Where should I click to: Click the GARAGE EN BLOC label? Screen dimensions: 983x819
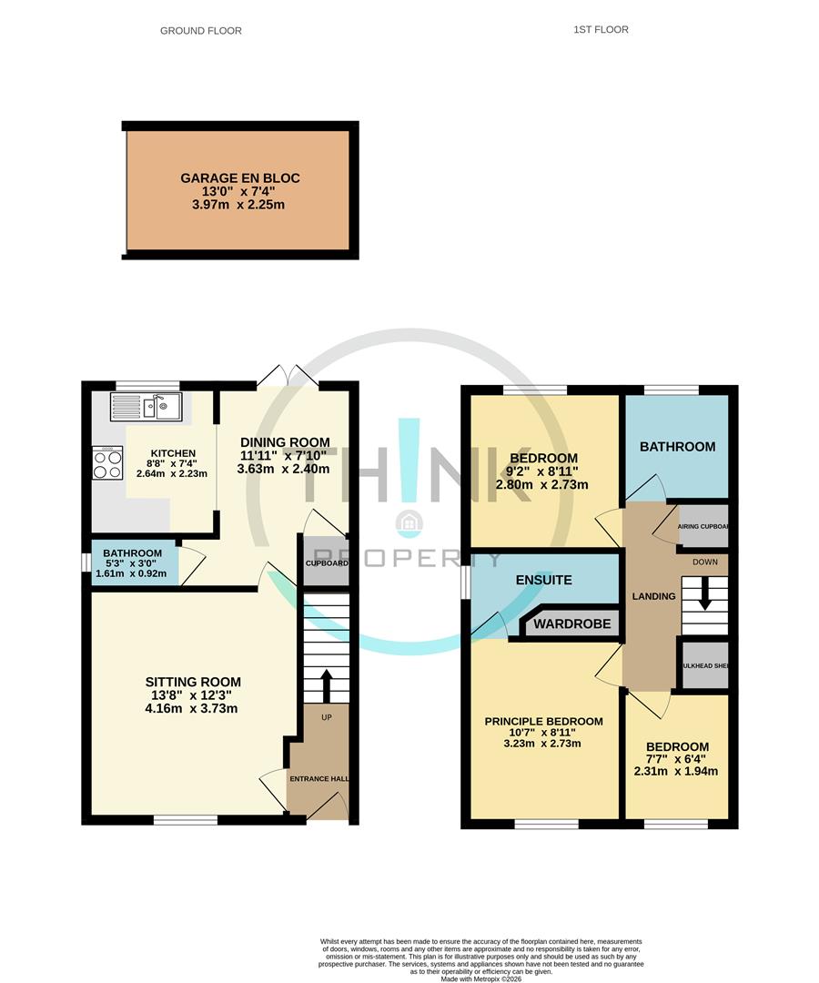[240, 178]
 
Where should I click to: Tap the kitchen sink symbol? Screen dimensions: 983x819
[147, 407]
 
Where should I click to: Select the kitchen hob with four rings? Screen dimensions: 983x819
[107, 464]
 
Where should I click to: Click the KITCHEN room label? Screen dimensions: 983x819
[172, 453]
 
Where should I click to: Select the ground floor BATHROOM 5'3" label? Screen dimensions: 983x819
[132, 553]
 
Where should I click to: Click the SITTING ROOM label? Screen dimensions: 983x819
[193, 682]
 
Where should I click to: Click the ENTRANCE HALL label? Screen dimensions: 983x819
[318, 779]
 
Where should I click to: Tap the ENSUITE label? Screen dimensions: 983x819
[543, 580]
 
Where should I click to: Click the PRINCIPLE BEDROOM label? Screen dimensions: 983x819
[543, 721]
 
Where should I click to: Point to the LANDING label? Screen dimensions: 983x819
[653, 596]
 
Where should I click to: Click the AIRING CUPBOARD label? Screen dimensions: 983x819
[703, 527]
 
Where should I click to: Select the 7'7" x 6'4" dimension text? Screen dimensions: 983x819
[676, 758]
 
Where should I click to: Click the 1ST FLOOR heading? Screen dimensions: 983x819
[601, 30]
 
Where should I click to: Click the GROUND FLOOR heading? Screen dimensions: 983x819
[201, 31]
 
